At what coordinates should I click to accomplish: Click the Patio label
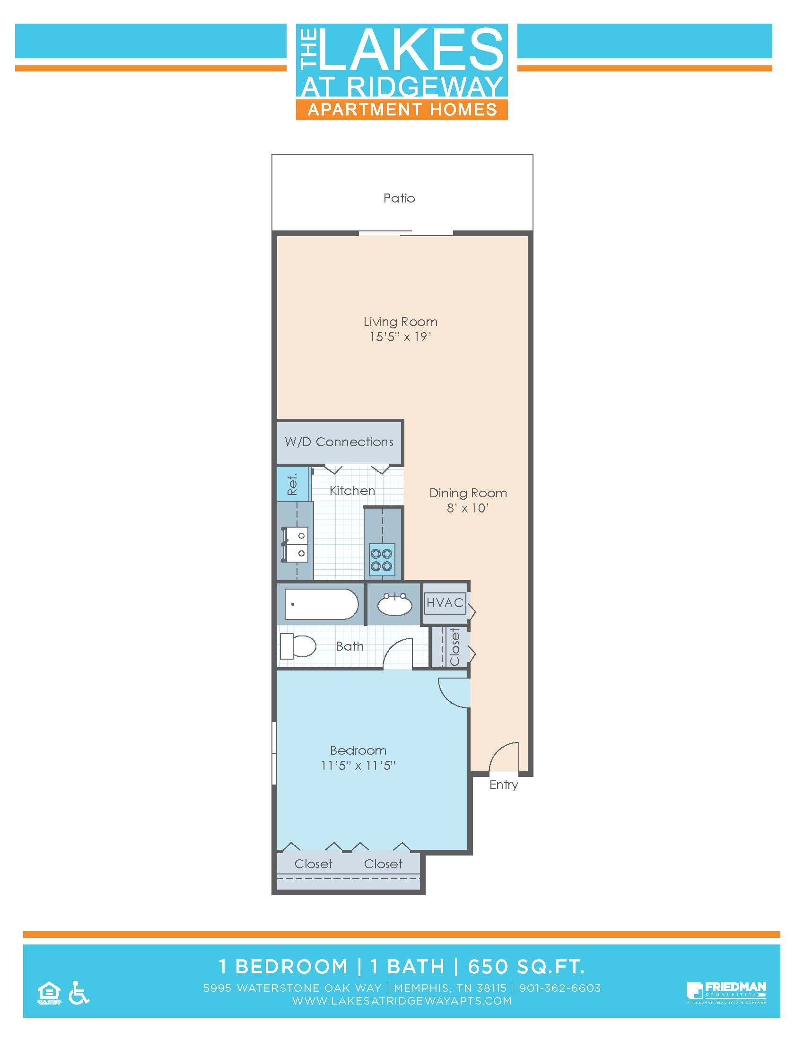click(x=399, y=198)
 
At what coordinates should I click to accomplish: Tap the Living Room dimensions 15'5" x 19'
click(x=400, y=337)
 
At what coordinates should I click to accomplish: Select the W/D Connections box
click(x=339, y=442)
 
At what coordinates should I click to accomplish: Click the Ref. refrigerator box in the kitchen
click(x=292, y=484)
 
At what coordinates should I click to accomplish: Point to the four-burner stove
click(x=382, y=560)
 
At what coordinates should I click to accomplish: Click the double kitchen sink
click(x=296, y=544)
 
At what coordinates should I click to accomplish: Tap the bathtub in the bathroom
click(x=321, y=604)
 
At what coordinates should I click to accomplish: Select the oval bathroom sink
click(x=394, y=604)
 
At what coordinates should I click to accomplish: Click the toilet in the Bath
click(x=297, y=646)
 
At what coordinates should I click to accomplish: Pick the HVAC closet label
click(x=445, y=602)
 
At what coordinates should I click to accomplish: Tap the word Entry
click(x=504, y=785)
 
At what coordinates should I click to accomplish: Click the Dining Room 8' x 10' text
click(x=468, y=508)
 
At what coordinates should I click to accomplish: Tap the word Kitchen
click(x=352, y=491)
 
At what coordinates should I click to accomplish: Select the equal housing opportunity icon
click(x=49, y=994)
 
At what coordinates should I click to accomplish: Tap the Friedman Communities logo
click(x=726, y=992)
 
